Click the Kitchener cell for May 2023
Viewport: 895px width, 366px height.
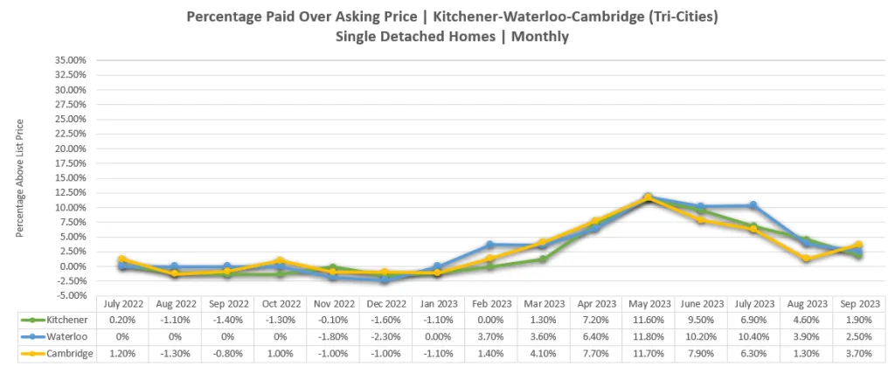648,321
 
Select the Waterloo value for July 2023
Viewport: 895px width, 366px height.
753,337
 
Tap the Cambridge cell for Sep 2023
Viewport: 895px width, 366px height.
860,354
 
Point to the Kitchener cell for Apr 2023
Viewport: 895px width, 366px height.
594,321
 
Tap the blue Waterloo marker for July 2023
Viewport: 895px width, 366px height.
753,205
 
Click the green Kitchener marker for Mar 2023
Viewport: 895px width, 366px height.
542,259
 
